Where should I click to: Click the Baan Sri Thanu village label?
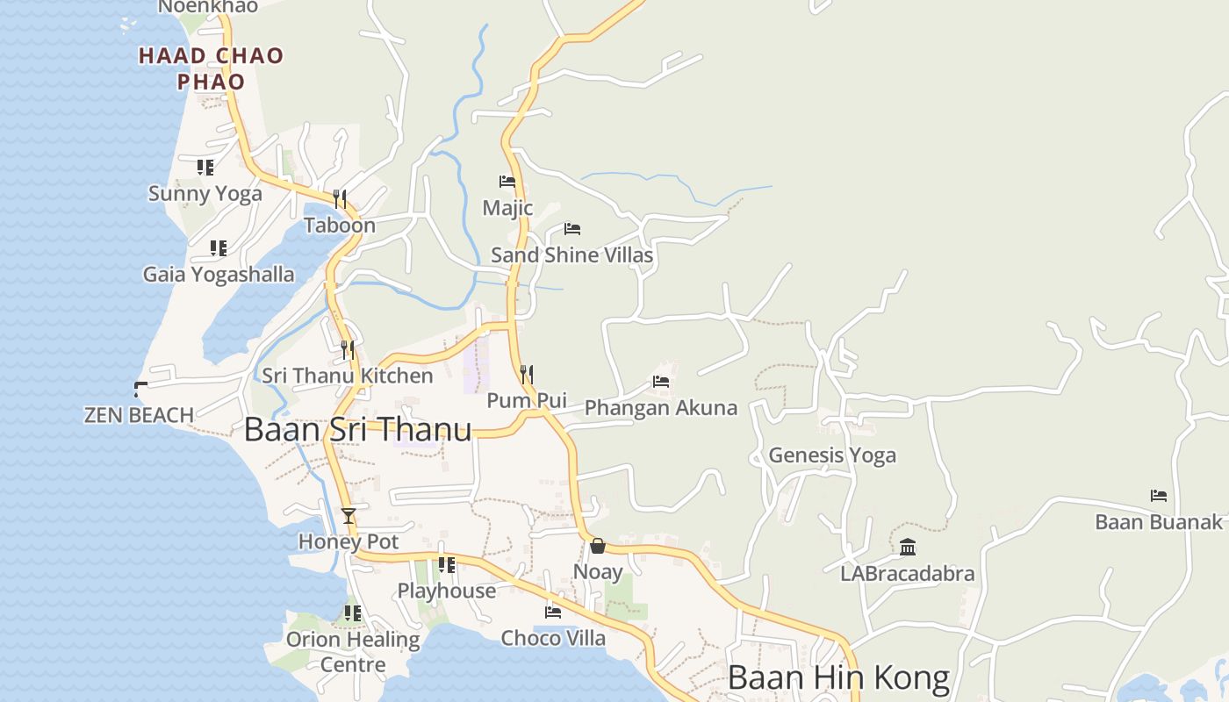(x=357, y=430)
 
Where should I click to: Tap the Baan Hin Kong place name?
(x=838, y=678)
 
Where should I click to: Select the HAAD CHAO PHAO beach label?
(x=212, y=68)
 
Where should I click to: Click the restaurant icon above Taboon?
(x=340, y=199)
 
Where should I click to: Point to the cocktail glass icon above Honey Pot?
(x=349, y=515)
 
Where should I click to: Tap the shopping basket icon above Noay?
(x=598, y=546)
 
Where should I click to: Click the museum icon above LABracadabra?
(x=908, y=548)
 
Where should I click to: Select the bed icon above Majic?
(x=507, y=182)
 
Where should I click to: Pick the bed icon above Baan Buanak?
(x=1159, y=496)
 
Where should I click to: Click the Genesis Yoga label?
(x=832, y=455)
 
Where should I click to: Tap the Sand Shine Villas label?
(x=571, y=255)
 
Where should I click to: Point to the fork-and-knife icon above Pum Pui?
(x=527, y=375)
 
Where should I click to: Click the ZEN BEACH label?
(x=139, y=415)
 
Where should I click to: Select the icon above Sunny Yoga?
(x=205, y=167)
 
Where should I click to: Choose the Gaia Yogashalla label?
(x=219, y=275)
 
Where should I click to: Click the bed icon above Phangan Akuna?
(x=661, y=382)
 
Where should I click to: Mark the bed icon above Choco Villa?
(x=553, y=612)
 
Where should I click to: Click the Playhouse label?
(x=447, y=591)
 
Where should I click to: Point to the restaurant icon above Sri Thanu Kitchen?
(x=348, y=350)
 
